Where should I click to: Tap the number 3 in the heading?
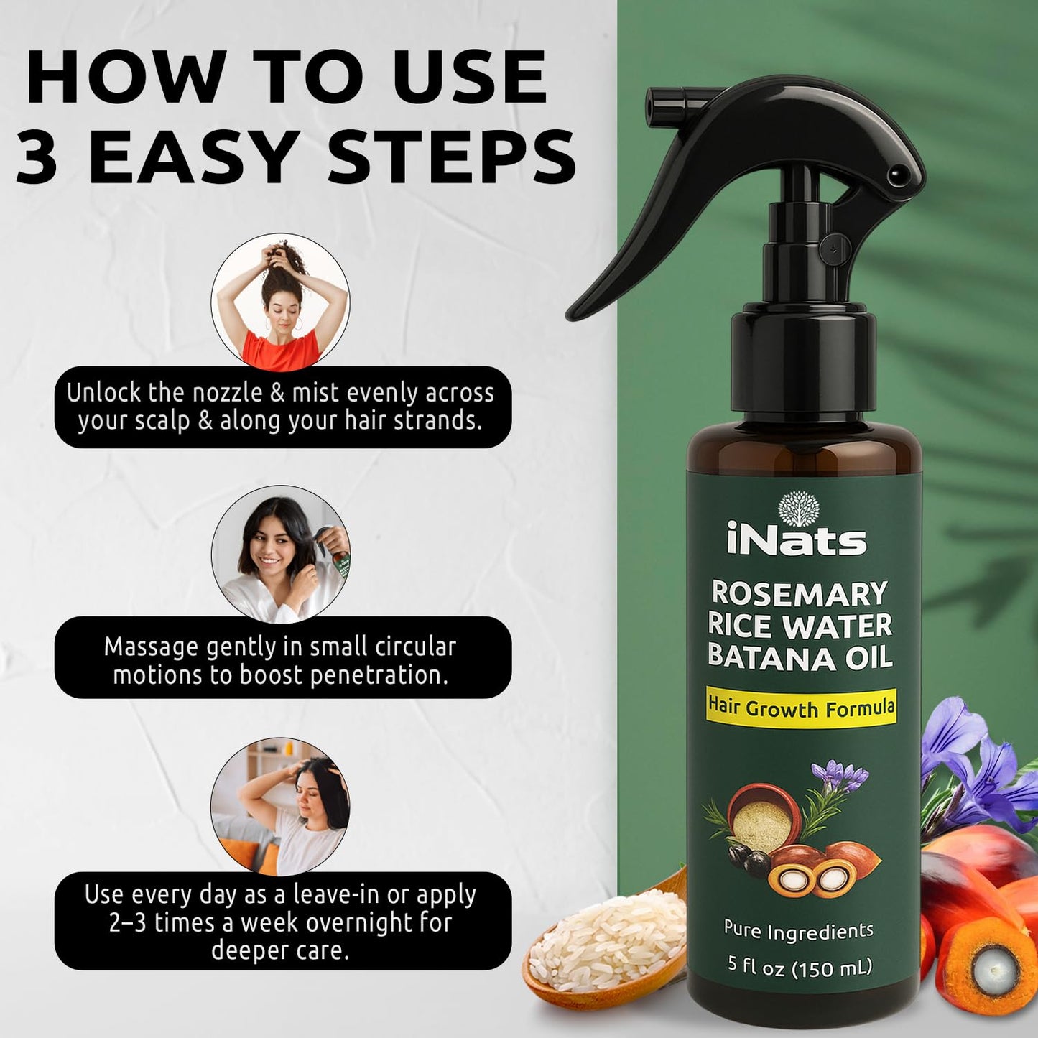[x=37, y=157]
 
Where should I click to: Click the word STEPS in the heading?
[x=452, y=157]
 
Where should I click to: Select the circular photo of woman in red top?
[x=280, y=302]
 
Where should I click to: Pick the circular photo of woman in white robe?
[x=280, y=554]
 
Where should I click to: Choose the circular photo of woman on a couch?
[x=280, y=807]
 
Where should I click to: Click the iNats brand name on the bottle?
[x=797, y=540]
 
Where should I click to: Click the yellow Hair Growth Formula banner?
[x=801, y=708]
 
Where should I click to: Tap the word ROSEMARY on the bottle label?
[x=800, y=594]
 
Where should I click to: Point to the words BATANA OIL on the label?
[x=800, y=657]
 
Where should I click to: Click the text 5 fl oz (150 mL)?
[x=800, y=967]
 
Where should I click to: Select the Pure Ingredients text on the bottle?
[x=798, y=931]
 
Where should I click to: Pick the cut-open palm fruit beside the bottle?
[x=989, y=967]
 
